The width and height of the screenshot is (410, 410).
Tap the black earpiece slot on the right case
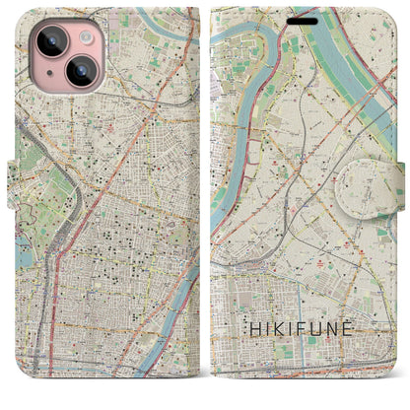[305, 19]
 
